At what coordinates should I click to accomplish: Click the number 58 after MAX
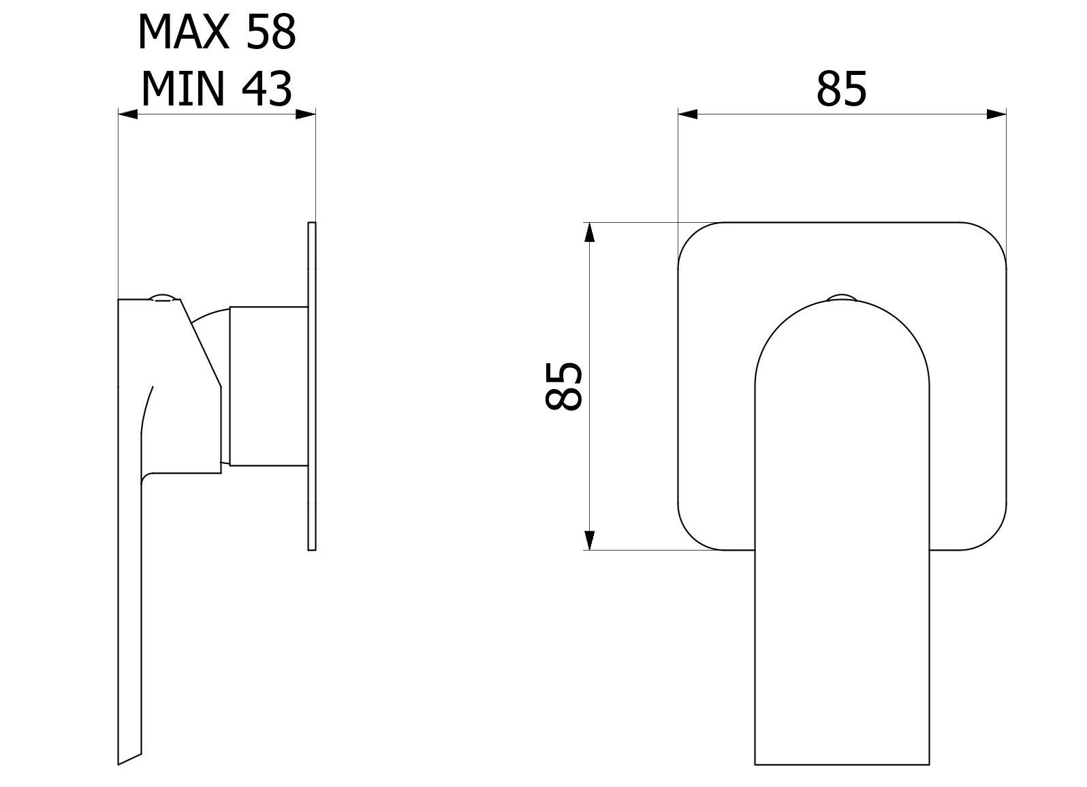(270, 32)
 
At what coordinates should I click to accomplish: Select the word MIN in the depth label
(183, 89)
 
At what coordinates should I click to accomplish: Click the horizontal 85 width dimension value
(842, 89)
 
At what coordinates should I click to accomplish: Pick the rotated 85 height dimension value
(564, 386)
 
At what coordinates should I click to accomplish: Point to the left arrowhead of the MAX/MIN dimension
(128, 114)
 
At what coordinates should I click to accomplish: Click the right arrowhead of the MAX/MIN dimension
(306, 114)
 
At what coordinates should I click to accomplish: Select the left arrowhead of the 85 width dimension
(688, 114)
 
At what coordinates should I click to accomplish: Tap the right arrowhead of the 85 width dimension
(997, 114)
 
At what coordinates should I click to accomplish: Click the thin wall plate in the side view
(312, 386)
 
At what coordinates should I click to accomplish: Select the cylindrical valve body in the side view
(268, 386)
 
